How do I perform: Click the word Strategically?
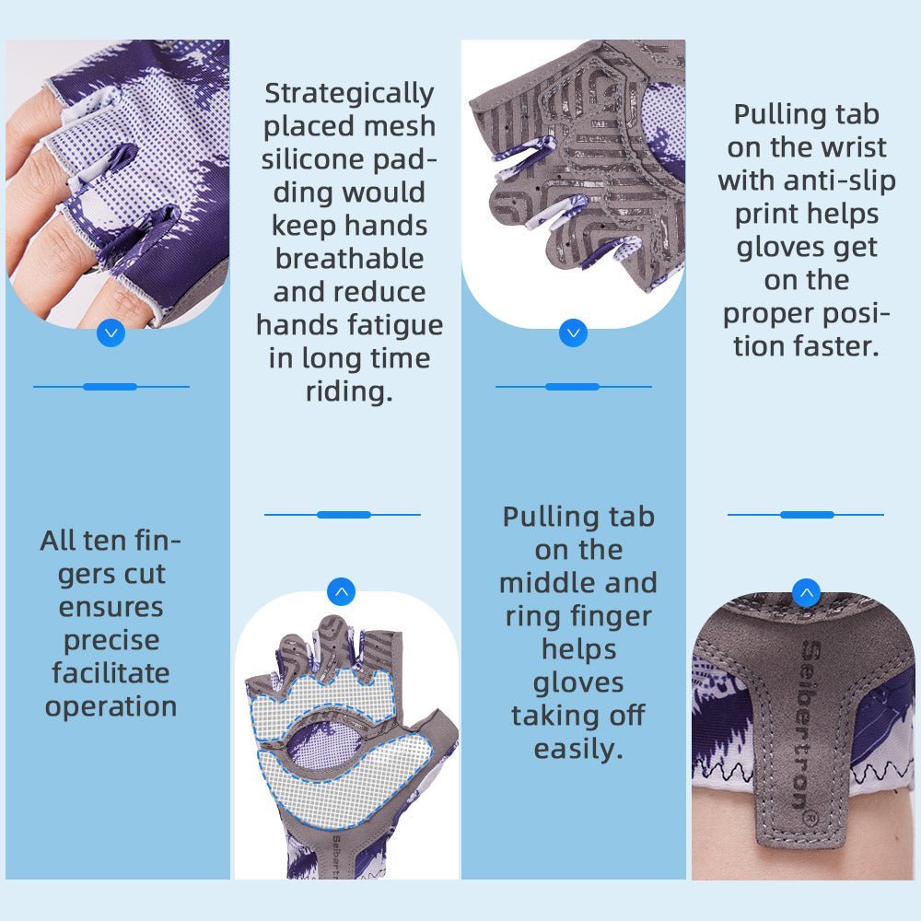pyautogui.click(x=349, y=94)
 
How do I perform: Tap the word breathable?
pyautogui.click(x=349, y=259)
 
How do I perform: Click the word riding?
pyautogui.click(x=349, y=391)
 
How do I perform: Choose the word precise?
pyautogui.click(x=111, y=640)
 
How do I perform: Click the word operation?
pyautogui.click(x=111, y=706)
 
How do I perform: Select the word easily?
pyautogui.click(x=578, y=749)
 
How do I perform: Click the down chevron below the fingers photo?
pyautogui.click(x=111, y=332)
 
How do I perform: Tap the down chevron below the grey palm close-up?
pyautogui.click(x=573, y=332)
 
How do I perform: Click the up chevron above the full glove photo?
pyautogui.click(x=342, y=591)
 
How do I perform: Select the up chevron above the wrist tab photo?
pyautogui.click(x=807, y=591)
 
